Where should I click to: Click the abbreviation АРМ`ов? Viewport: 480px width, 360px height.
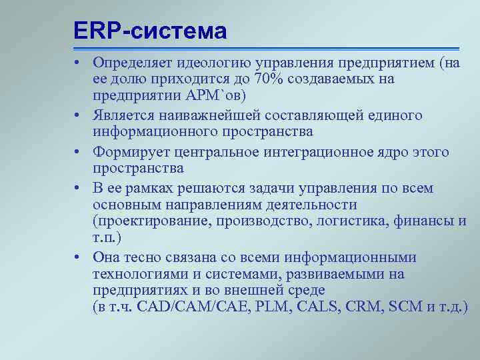click(214, 95)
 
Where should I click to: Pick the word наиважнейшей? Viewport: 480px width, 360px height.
click(200, 115)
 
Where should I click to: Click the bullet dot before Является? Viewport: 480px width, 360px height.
click(78, 116)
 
